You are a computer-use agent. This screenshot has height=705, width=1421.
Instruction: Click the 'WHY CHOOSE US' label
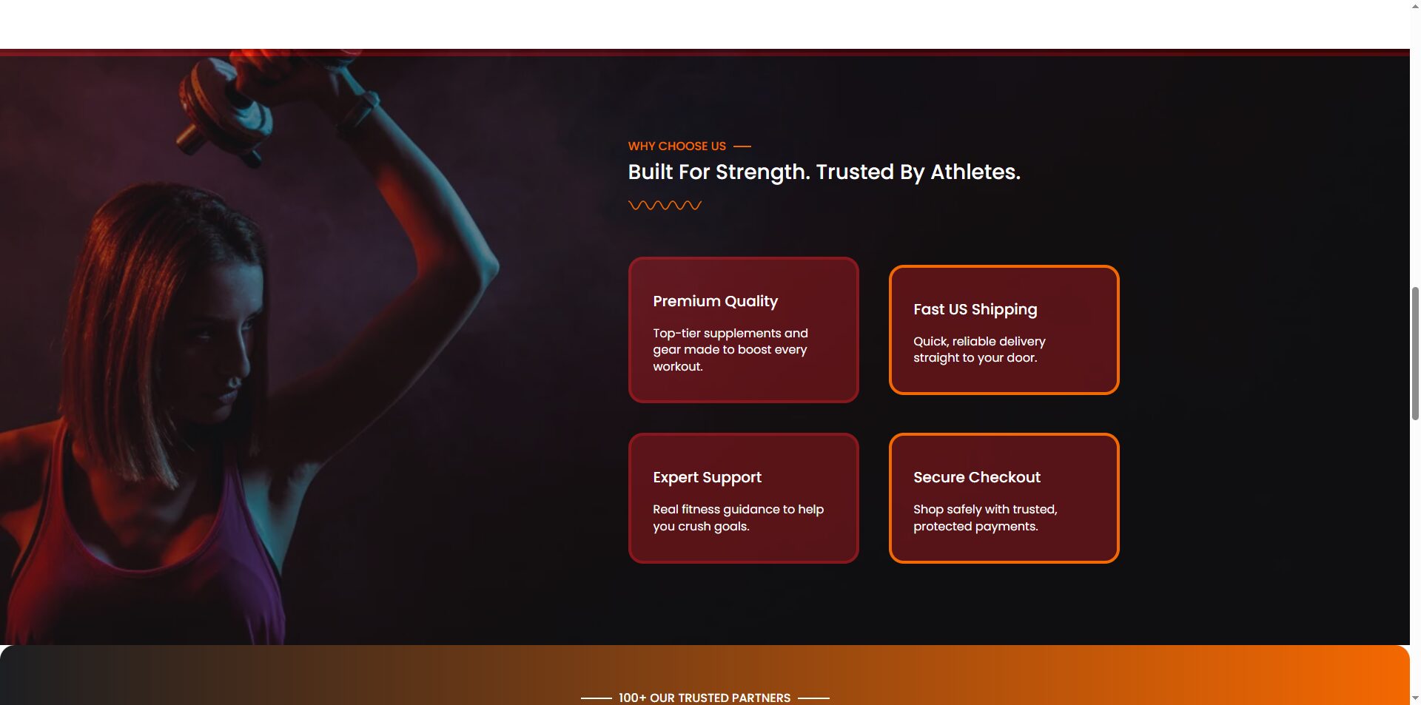[x=676, y=146]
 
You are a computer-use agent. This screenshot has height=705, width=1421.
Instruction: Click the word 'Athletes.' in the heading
[x=975, y=172]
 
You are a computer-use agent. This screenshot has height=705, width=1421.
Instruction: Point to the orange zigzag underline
[x=665, y=206]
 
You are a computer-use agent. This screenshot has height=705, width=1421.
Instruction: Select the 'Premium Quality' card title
[x=715, y=301]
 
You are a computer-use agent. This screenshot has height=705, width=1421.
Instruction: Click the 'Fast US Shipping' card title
[x=975, y=309]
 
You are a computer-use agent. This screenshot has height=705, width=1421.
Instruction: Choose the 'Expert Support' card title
[x=707, y=477]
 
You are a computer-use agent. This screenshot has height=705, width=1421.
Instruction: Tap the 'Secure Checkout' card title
[x=976, y=477]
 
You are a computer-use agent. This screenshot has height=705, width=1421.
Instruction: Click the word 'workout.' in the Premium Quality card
[x=677, y=367]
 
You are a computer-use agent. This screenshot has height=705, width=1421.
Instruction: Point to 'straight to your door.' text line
[x=975, y=358]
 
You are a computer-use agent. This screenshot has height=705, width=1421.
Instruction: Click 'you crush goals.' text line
[x=700, y=527]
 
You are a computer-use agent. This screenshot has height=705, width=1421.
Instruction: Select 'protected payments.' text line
[x=975, y=527]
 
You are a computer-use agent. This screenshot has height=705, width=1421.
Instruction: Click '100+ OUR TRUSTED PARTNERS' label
[x=704, y=698]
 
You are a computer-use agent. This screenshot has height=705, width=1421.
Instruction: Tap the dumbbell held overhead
[x=222, y=111]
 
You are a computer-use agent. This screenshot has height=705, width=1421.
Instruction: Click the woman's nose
[x=235, y=382]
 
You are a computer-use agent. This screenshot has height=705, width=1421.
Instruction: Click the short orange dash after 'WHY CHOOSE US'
[x=742, y=146]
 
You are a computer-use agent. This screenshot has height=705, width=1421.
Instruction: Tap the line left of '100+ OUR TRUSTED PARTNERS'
[x=596, y=698]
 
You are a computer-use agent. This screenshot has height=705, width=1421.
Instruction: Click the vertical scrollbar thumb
[x=1415, y=354]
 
